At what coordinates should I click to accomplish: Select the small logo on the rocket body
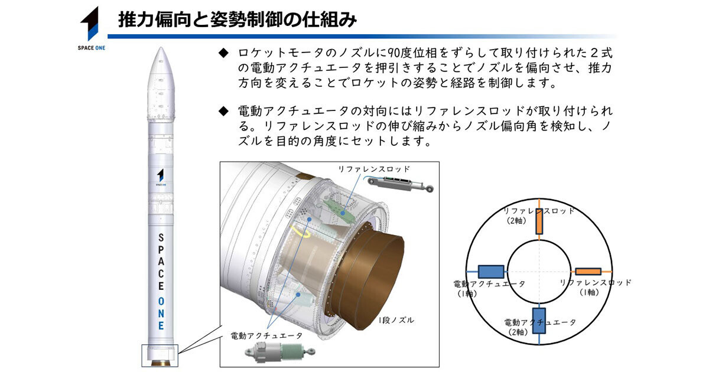coord(160,176)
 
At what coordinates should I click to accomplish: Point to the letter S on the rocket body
coord(161,236)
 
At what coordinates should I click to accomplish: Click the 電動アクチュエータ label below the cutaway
coord(266,335)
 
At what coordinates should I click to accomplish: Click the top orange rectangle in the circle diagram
coord(539,221)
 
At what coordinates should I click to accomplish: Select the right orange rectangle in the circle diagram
coord(588,272)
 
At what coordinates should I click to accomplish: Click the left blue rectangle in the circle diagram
coord(490,272)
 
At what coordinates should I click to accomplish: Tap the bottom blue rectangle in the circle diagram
coord(539,321)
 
